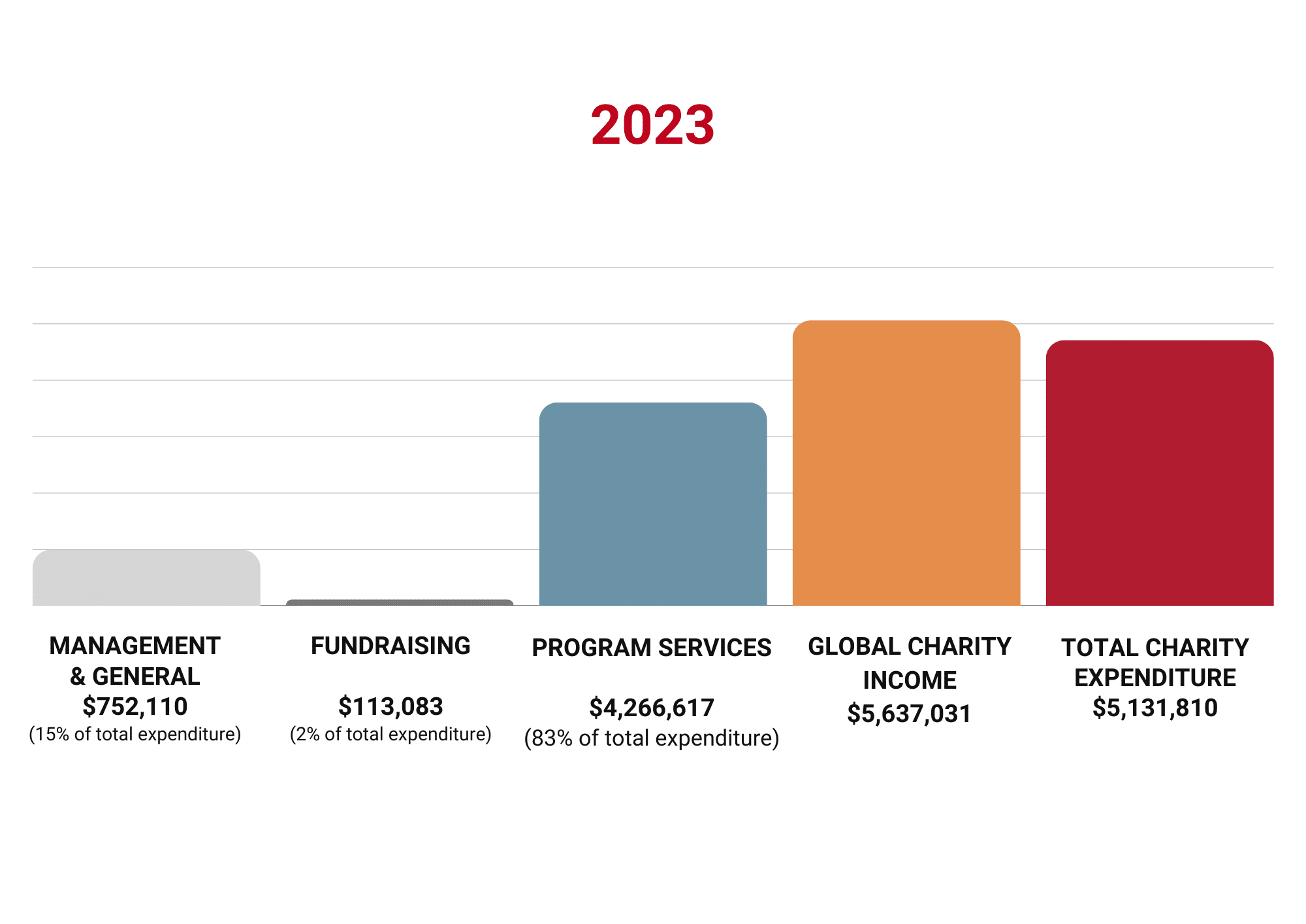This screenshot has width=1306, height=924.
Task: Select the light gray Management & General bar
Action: [146, 578]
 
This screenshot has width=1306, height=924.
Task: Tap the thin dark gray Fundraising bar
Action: [400, 602]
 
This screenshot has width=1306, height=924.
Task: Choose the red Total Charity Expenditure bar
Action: [1160, 473]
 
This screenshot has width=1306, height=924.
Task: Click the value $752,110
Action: [135, 706]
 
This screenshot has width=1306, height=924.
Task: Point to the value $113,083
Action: [390, 706]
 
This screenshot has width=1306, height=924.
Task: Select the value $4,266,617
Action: [652, 708]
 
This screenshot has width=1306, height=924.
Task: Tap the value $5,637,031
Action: [909, 714]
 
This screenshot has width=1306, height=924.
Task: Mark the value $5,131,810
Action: [1155, 708]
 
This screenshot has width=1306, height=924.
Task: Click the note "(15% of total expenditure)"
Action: [135, 734]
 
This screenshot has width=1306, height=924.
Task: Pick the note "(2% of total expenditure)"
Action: [390, 734]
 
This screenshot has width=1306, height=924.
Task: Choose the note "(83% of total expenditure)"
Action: [652, 738]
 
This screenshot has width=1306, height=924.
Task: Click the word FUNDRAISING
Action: [390, 646]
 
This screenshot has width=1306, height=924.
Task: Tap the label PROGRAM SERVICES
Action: [652, 648]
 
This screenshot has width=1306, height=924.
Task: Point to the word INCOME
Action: [910, 680]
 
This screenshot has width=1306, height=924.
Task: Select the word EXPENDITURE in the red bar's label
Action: [1155, 678]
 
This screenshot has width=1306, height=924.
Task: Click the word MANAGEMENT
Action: [135, 646]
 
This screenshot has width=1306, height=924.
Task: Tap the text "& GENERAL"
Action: [135, 676]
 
